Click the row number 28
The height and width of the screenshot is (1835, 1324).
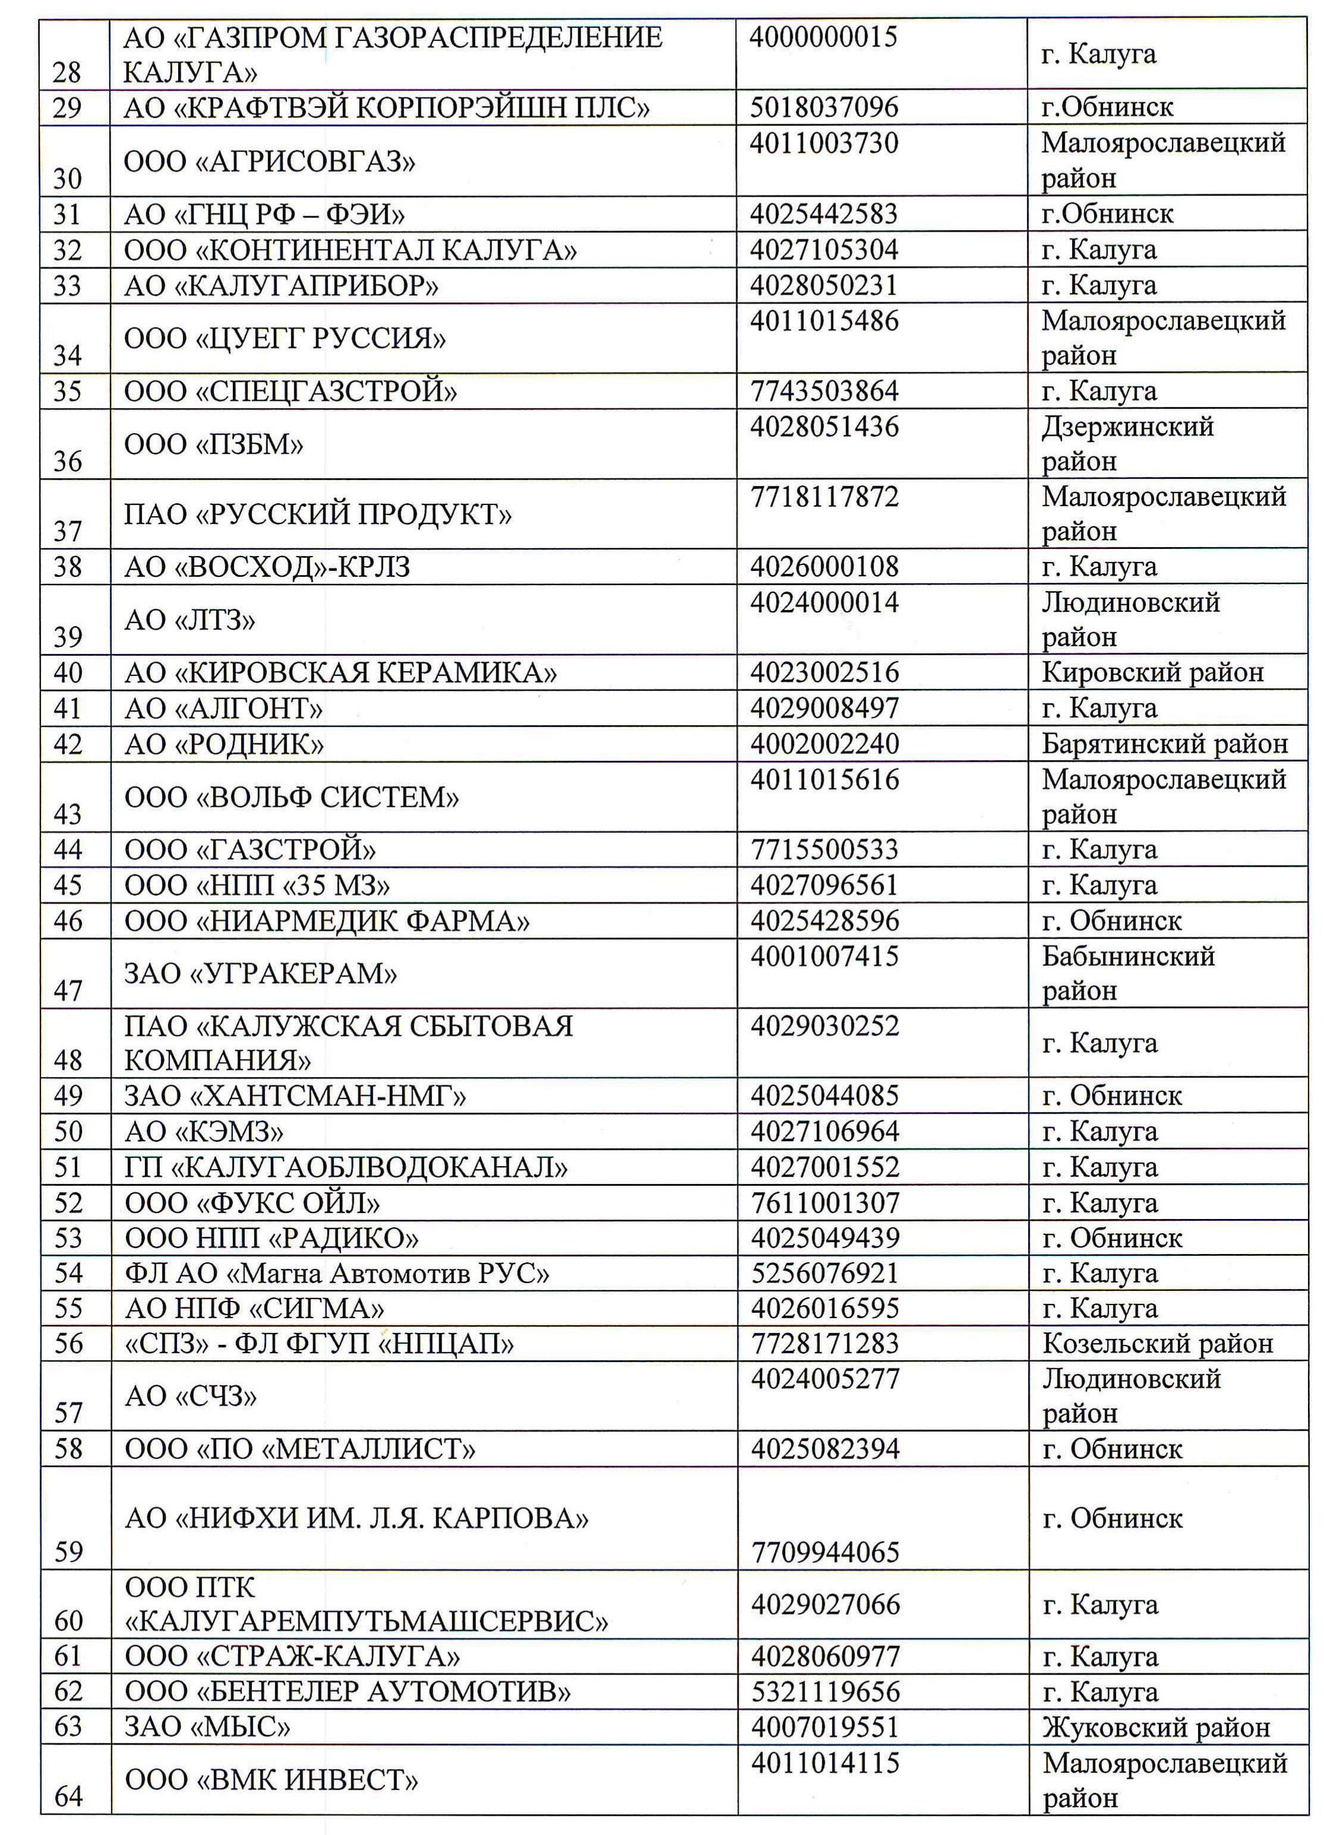[x=67, y=72]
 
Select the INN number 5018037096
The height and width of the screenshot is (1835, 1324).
[x=823, y=107]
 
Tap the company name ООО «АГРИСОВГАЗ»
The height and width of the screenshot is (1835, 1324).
[x=269, y=162]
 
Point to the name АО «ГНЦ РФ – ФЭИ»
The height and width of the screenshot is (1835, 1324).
[x=264, y=214]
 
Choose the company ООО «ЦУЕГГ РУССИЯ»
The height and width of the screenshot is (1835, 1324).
[x=285, y=337]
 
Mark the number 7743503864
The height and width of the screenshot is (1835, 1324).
[x=824, y=391]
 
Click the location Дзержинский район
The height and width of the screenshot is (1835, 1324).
[x=1127, y=443]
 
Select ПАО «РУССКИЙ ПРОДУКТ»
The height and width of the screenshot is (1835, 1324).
[x=318, y=514]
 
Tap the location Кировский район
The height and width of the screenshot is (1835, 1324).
[x=1152, y=672]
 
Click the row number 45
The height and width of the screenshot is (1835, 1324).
[x=68, y=885]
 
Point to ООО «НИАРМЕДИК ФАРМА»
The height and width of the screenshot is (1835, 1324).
[x=327, y=921]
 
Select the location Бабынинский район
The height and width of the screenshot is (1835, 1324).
[x=1128, y=973]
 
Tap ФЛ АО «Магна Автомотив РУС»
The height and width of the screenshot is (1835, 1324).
[x=337, y=1274]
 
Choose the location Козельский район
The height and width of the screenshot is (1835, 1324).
[x=1157, y=1344]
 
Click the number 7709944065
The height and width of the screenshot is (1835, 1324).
[x=825, y=1552]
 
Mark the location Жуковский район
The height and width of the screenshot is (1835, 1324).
[x=1156, y=1727]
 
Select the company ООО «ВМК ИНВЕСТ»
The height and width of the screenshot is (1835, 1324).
[x=271, y=1780]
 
